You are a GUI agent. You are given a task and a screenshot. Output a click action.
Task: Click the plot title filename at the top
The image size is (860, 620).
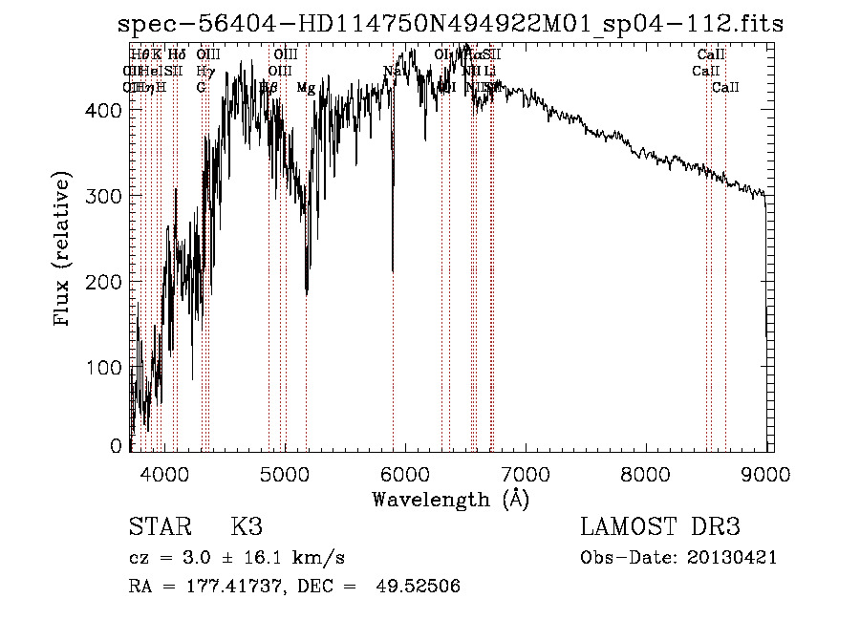450,25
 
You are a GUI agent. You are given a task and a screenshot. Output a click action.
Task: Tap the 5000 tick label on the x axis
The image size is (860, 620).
286,474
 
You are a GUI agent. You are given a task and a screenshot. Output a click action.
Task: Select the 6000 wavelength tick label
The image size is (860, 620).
406,474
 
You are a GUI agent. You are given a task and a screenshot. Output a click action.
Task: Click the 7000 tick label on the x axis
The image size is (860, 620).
527,474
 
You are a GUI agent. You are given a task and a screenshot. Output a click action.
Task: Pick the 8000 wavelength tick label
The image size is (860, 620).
648,474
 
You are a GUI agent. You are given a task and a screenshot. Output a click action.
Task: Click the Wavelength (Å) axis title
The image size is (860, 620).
450,499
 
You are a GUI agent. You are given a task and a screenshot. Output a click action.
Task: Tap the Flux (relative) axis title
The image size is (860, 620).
64,251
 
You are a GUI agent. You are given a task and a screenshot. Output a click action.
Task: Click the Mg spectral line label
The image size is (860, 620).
306,88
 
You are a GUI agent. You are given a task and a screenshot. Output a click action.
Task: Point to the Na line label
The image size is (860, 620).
392,71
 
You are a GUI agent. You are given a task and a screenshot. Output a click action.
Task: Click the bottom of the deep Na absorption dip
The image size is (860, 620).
393,270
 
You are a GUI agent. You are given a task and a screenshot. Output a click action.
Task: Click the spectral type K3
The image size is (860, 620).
247,527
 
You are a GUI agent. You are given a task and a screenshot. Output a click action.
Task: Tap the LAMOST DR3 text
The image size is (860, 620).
660,527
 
